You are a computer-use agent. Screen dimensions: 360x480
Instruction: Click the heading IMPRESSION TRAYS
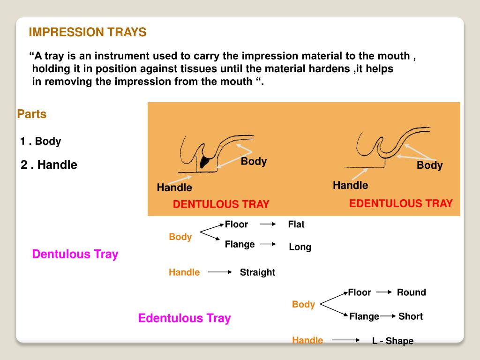88,32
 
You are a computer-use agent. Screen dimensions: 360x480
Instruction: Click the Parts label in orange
32,114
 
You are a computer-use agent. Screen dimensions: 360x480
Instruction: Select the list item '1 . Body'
41,141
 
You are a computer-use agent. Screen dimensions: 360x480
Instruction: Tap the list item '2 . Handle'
49,165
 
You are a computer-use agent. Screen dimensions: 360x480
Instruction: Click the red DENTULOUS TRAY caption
221,204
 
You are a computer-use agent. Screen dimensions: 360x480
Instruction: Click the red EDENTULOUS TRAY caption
401,203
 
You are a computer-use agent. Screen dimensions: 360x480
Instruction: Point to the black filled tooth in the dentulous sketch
205,161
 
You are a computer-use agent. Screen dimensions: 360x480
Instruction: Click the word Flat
296,225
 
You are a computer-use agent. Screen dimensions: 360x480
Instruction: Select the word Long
300,247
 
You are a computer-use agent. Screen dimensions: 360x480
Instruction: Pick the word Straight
257,272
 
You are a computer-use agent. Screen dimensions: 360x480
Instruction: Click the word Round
411,292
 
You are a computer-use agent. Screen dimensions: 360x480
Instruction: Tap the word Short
411,316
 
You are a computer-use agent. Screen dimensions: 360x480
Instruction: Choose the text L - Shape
393,341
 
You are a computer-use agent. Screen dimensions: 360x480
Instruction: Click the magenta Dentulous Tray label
75,254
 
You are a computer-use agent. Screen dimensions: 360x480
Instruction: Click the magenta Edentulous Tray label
184,318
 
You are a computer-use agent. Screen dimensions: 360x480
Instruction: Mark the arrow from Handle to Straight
220,272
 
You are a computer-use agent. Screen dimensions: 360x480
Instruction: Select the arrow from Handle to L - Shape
345,340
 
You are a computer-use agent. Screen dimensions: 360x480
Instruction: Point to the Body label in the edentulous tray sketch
429,165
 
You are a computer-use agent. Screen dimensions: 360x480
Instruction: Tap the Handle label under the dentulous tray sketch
174,187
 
